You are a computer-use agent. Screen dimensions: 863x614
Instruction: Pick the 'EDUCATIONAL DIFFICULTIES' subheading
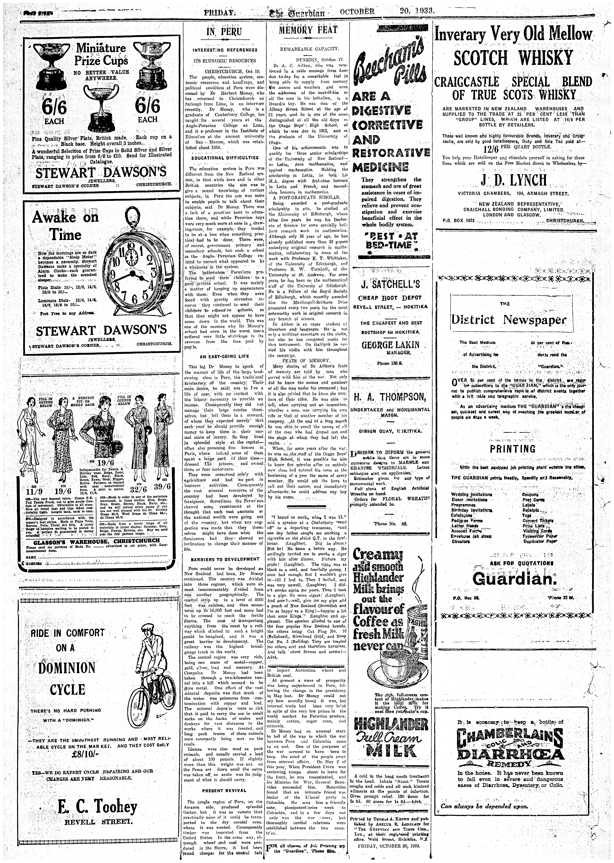click(x=225, y=158)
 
